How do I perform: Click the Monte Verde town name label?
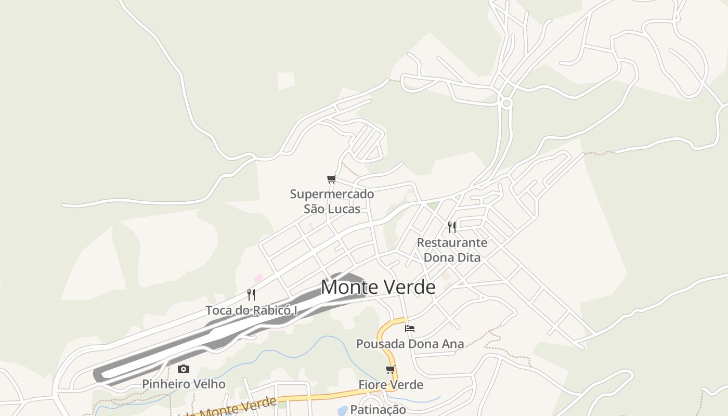point(378,287)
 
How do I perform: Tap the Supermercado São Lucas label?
point(332,201)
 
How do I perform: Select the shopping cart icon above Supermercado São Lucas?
point(331,179)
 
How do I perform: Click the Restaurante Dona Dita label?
point(452,250)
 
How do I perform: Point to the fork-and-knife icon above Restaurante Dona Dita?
point(452,227)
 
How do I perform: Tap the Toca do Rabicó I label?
point(251,310)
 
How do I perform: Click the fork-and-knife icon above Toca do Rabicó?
point(251,295)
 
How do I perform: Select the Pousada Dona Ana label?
point(410,344)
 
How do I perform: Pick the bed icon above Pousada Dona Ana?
point(410,328)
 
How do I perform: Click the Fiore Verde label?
point(391,385)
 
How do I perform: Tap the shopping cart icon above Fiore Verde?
point(391,369)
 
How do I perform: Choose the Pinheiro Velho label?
point(184,384)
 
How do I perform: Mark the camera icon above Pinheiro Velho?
point(184,369)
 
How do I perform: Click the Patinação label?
point(378,409)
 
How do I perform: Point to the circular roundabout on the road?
point(506,103)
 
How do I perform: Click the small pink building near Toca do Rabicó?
point(258,278)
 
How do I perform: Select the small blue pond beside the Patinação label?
point(342,411)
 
